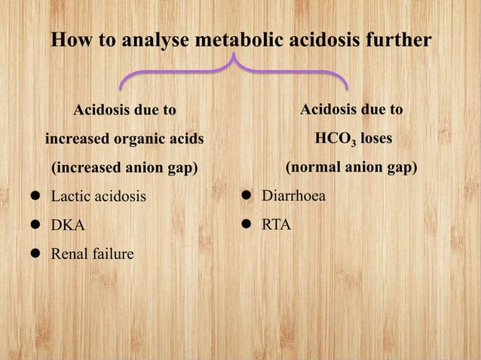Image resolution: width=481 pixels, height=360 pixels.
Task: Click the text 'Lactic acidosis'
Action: coord(98,197)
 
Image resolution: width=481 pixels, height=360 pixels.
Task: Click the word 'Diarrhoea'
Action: coord(294,197)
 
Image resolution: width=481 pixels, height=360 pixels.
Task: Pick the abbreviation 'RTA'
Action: coord(277,225)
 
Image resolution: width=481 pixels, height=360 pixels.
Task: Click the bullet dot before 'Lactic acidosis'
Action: coord(35,198)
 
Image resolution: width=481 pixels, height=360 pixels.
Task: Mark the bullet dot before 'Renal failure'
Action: coord(35,255)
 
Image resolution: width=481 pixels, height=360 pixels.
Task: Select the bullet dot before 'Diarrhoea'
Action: coord(246,197)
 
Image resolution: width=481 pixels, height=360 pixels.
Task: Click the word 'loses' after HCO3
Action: coord(374,139)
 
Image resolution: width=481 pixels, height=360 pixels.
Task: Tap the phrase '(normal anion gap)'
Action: coord(351,167)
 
